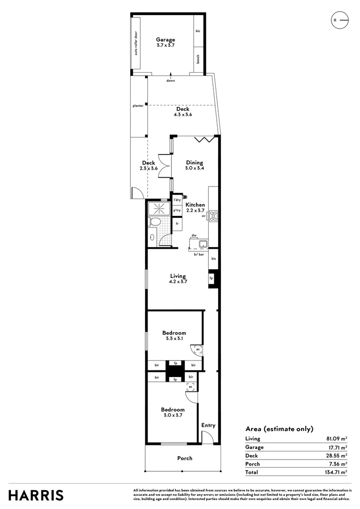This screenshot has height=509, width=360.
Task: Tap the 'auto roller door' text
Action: [x=136, y=43]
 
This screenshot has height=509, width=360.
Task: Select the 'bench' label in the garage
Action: [x=198, y=59]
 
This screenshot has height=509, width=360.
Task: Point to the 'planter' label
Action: [x=138, y=106]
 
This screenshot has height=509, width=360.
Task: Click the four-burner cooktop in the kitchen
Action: [x=213, y=216]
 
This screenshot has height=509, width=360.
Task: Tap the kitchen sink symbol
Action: [x=203, y=244]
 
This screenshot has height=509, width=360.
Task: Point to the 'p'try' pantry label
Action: [x=177, y=211]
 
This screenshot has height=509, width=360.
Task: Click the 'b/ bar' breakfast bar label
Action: [x=199, y=254]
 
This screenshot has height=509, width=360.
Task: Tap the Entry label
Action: [x=208, y=425]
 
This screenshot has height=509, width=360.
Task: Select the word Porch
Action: [x=185, y=458]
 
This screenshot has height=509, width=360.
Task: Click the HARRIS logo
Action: [x=36, y=495]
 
